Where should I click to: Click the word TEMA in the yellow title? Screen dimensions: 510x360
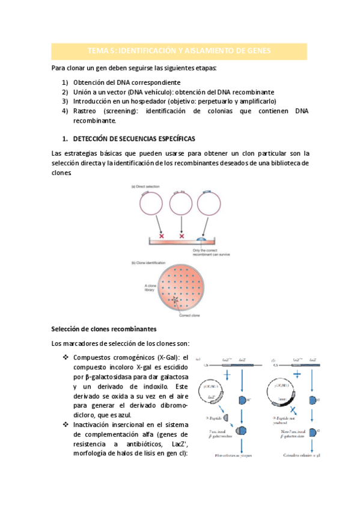98,51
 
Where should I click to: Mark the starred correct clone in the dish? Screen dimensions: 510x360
175,300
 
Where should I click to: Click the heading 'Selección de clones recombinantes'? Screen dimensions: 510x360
104,329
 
